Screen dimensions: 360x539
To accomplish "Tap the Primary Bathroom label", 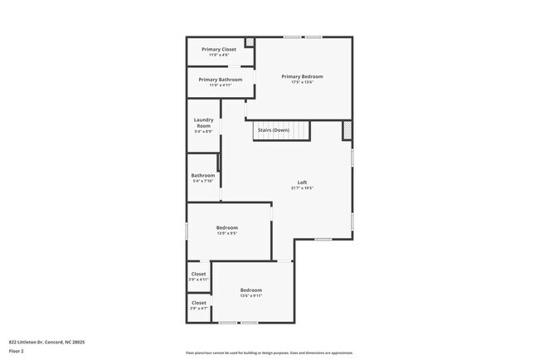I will [x=220, y=79].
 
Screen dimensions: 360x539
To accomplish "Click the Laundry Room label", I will [x=203, y=123].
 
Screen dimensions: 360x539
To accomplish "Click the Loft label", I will [x=302, y=182].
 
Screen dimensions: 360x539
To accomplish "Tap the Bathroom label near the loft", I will [x=203, y=175].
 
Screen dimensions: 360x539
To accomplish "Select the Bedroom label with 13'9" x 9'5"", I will [x=227, y=227].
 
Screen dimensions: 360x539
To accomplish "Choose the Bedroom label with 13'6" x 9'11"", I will [x=250, y=289].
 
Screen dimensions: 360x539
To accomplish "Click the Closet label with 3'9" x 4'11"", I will [x=199, y=274].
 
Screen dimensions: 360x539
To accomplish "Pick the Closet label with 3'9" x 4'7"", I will [x=199, y=303].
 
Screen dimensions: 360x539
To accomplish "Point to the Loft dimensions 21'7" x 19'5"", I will [x=302, y=188].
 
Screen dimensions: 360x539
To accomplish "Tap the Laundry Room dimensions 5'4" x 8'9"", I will [x=203, y=132].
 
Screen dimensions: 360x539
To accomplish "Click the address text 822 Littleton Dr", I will [x=47, y=341].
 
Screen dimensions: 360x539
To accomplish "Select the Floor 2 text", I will [x=17, y=351].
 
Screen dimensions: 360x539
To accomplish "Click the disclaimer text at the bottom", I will [x=269, y=353].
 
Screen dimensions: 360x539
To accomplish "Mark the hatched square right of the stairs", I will [x=347, y=130].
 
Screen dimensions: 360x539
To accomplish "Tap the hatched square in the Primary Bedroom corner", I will [x=250, y=42].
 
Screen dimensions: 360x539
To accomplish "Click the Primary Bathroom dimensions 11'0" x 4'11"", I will [x=220, y=85].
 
